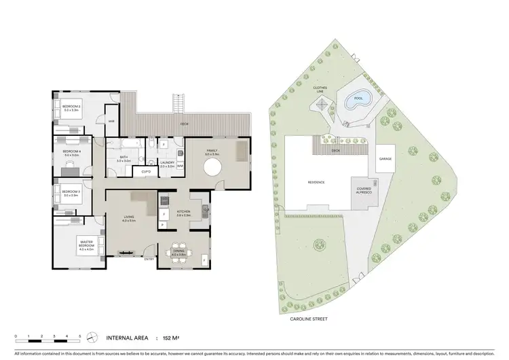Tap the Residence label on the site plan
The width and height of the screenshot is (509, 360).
pyautogui.click(x=316, y=182)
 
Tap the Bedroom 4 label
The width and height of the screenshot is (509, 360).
pyautogui.click(x=72, y=151)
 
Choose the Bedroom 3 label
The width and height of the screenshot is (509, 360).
pyautogui.click(x=72, y=192)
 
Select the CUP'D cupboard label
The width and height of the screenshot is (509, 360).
pyautogui.click(x=146, y=172)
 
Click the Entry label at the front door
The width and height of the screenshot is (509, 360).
pyautogui.click(x=149, y=259)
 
